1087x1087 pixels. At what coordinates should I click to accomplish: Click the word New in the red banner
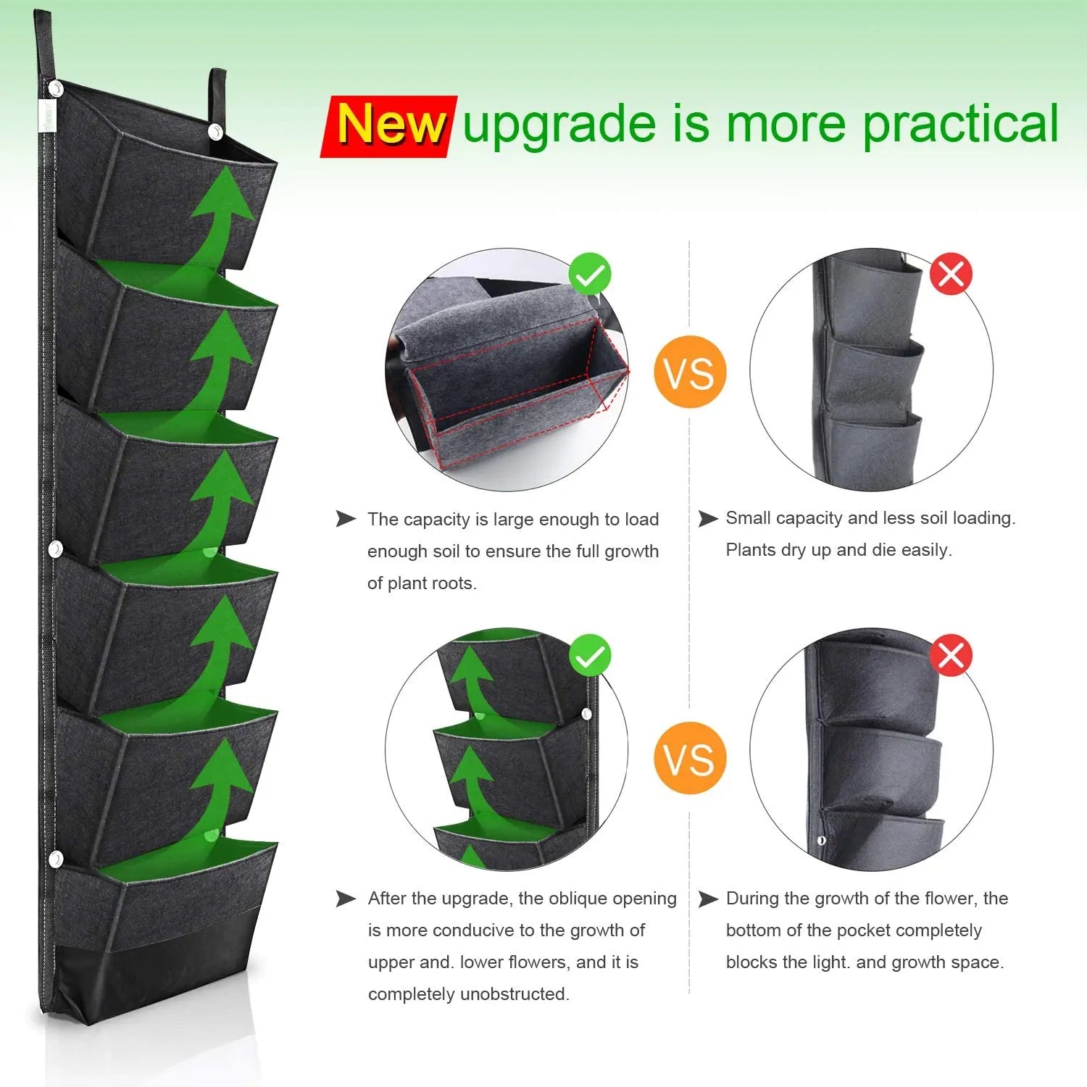[391, 125]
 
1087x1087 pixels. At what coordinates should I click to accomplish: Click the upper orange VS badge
[689, 372]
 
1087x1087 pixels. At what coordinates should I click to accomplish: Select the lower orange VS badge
[689, 758]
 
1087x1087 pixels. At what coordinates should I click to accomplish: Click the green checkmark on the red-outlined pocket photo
[590, 274]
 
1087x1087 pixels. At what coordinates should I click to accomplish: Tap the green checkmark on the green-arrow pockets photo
[590, 655]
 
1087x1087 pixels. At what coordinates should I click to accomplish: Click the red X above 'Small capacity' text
[950, 274]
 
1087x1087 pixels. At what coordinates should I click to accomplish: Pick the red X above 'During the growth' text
[950, 655]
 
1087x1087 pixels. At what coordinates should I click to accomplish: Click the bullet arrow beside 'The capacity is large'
[346, 519]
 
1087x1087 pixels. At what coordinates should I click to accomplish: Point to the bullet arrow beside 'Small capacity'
[708, 519]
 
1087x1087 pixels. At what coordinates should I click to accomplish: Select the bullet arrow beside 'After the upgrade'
[346, 899]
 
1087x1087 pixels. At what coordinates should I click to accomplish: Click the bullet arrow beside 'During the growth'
[708, 899]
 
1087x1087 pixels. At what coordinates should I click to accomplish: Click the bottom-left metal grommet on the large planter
[55, 859]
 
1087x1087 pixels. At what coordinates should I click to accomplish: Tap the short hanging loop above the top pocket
[217, 94]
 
